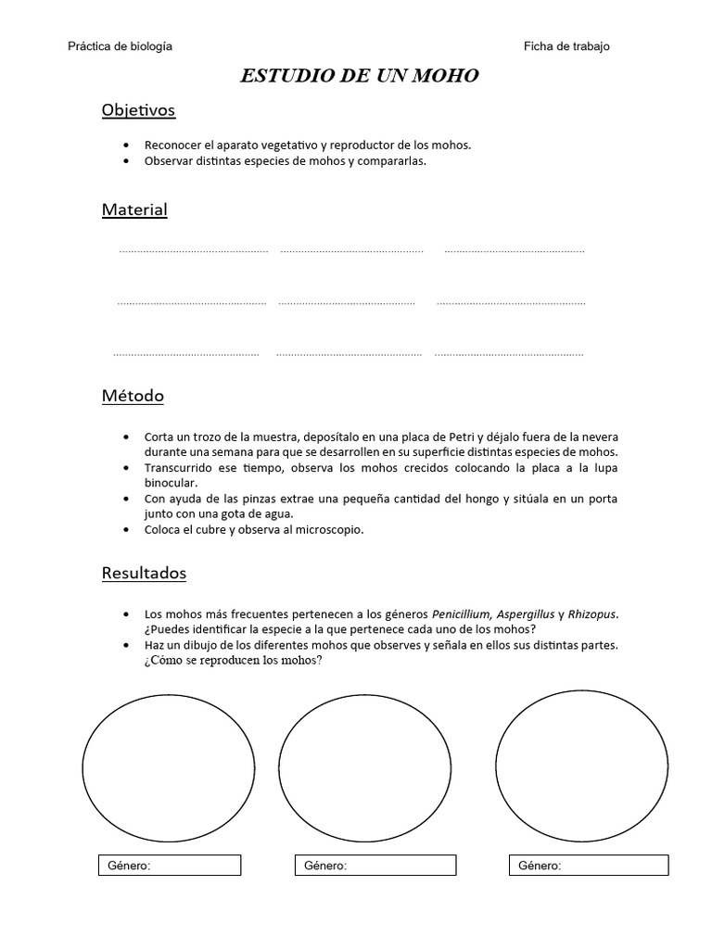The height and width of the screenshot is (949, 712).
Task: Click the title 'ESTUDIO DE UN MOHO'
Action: (x=359, y=76)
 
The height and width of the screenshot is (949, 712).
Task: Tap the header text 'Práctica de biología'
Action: (x=121, y=46)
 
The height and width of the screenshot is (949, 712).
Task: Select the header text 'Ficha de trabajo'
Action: (x=566, y=46)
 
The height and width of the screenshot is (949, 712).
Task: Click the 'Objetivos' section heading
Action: (x=138, y=110)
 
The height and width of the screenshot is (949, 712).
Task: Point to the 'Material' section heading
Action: (x=134, y=209)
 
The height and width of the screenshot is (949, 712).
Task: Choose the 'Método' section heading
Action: (x=133, y=396)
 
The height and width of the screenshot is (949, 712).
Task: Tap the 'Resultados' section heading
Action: (x=144, y=573)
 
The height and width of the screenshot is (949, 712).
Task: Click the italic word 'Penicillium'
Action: (x=463, y=614)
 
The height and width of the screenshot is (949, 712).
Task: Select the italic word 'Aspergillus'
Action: (x=526, y=614)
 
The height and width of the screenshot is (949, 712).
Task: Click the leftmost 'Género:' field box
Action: (x=170, y=866)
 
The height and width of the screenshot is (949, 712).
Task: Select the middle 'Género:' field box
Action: (x=375, y=866)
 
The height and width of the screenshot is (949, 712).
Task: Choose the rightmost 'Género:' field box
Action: (x=589, y=866)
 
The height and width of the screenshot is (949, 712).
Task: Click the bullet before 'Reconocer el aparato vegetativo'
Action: (x=126, y=146)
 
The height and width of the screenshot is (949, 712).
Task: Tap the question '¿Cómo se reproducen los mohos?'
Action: (x=233, y=660)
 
